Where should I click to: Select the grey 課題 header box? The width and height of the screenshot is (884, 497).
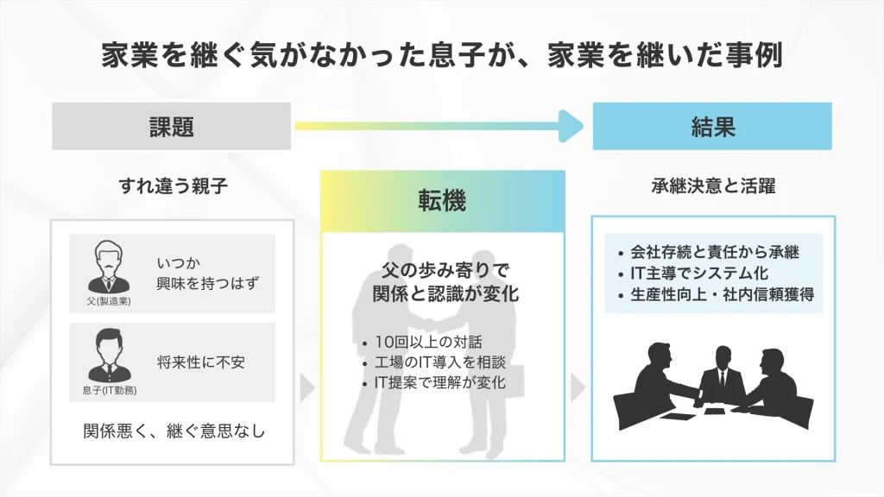[171, 127]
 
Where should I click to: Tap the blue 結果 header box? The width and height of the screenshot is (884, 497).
[712, 127]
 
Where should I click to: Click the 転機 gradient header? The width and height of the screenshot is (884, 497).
[443, 201]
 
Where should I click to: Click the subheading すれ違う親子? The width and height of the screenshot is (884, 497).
[173, 186]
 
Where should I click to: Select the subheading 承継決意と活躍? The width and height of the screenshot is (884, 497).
[712, 186]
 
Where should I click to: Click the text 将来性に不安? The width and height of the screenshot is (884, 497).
[201, 362]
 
